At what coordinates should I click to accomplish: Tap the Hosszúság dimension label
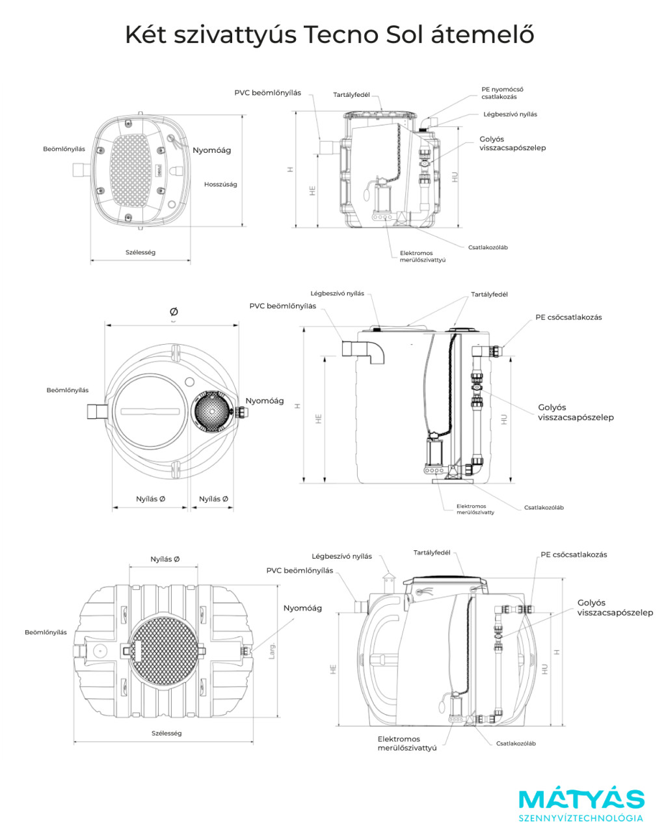coord(220,185)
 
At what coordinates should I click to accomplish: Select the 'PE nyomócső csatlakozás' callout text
coord(502,93)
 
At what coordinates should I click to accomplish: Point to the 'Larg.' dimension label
coord(272,650)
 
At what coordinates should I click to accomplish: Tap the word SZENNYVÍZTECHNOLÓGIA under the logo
coord(581,818)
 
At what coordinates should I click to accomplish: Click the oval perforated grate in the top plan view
coord(131,170)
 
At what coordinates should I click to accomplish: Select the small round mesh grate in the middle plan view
coord(212,411)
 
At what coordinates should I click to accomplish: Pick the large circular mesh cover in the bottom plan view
coord(163,651)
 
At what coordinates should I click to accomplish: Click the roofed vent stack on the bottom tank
coord(388,583)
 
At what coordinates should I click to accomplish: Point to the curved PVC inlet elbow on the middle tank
coord(364,352)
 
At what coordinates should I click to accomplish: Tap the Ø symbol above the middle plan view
coord(174,312)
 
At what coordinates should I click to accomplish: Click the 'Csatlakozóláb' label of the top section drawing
coord(488,247)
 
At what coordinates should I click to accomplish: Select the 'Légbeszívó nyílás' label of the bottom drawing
coord(341,556)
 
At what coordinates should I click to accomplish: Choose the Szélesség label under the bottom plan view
coord(166,733)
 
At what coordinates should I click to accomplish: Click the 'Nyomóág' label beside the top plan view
coord(212,150)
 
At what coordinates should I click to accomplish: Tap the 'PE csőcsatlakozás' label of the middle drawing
coord(568,317)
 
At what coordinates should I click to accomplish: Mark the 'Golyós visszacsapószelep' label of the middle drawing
coord(576,412)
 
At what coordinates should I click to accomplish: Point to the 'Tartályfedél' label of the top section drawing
coord(351,95)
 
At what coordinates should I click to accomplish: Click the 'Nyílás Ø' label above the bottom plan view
coord(165,559)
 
